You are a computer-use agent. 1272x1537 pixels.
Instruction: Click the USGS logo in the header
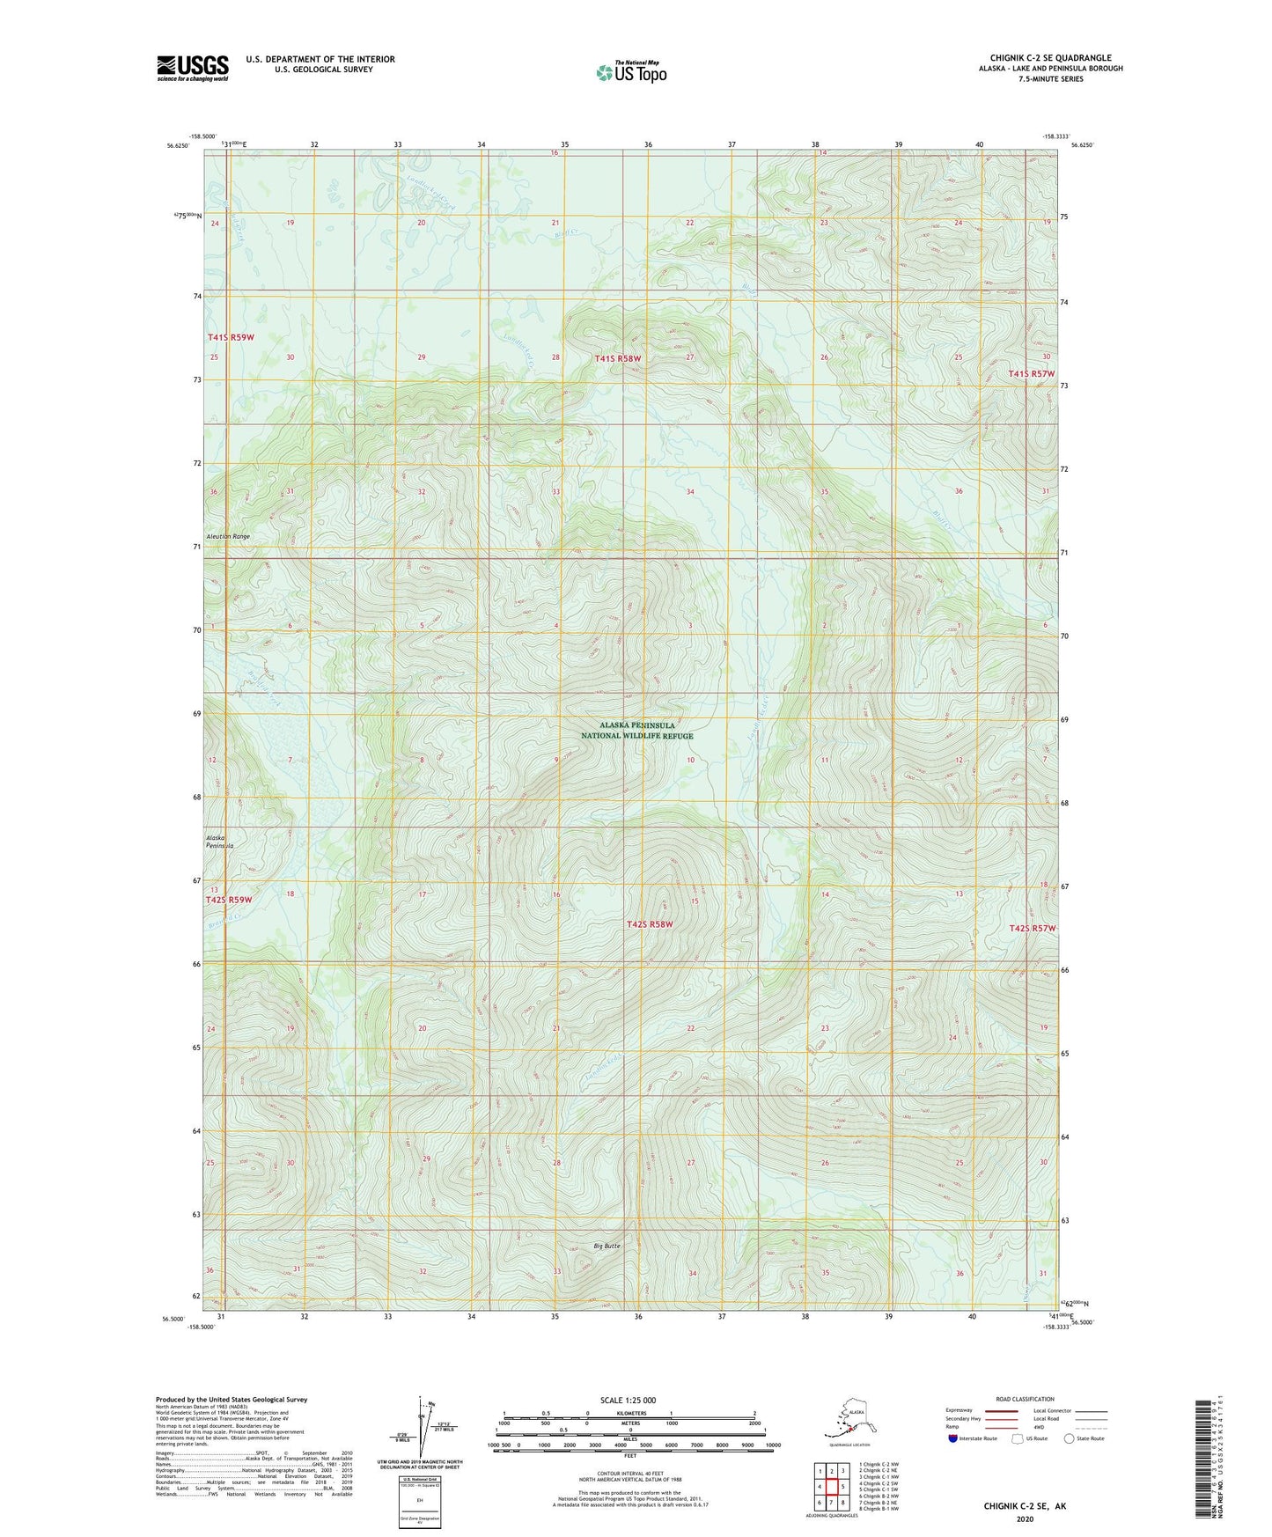pos(192,68)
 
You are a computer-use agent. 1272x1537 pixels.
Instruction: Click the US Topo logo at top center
pos(630,72)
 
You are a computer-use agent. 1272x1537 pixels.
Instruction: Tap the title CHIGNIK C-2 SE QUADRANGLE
pos(1050,58)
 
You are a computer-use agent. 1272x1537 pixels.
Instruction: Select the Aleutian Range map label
pos(228,536)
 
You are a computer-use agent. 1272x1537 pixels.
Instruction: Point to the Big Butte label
pos(607,1246)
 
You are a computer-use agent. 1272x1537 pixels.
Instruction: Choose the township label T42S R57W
pos(1032,929)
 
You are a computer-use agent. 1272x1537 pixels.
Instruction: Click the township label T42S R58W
pos(650,924)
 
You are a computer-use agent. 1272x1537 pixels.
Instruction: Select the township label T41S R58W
pos(617,358)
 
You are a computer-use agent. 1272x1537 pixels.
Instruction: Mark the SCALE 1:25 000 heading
pos(629,1401)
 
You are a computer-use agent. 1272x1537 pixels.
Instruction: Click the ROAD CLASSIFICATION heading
pos(1025,1399)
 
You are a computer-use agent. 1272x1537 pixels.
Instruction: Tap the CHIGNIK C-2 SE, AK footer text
pos(1024,1506)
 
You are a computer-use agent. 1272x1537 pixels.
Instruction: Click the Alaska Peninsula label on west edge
pos(219,842)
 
